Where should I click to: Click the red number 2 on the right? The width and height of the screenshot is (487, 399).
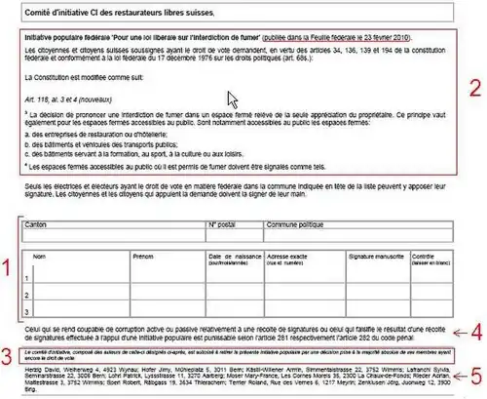pyautogui.click(x=470, y=83)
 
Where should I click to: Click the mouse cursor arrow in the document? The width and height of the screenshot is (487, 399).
pyautogui.click(x=232, y=100)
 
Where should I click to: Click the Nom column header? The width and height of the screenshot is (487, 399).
pyautogui.click(x=41, y=255)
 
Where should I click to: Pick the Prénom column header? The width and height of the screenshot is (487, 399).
pyautogui.click(x=143, y=255)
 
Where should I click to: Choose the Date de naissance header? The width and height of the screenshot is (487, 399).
pyautogui.click(x=230, y=258)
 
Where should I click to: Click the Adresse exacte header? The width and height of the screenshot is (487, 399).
pyautogui.click(x=293, y=258)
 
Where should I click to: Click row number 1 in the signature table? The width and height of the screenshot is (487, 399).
pyautogui.click(x=27, y=276)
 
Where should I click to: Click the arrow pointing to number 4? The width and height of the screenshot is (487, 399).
pyautogui.click(x=446, y=329)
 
